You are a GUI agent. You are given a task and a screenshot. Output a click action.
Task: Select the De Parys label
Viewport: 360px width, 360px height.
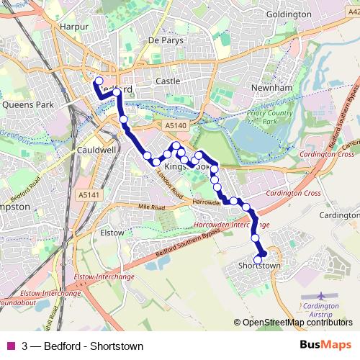tap(166, 41)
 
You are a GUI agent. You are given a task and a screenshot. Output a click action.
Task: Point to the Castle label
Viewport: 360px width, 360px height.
tap(168, 82)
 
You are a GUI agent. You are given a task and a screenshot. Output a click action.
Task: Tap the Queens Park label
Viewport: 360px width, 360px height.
tap(28, 104)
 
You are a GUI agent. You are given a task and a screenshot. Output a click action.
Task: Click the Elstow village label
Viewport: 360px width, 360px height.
tap(112, 233)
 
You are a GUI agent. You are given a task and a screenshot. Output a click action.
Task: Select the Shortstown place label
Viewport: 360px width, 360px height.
tap(258, 266)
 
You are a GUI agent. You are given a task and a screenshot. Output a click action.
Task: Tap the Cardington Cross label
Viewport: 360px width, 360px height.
tap(292, 194)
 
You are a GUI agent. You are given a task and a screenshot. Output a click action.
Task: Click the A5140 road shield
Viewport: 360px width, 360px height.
tap(175, 125)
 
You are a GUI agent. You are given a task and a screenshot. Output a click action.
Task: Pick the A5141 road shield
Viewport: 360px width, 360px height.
tap(86, 194)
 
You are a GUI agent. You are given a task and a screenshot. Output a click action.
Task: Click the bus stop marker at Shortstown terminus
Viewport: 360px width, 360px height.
tap(258, 259)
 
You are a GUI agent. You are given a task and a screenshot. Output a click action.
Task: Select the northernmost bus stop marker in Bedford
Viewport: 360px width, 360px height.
tap(99, 81)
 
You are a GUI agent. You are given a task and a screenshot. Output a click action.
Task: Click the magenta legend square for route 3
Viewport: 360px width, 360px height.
tap(9, 346)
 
